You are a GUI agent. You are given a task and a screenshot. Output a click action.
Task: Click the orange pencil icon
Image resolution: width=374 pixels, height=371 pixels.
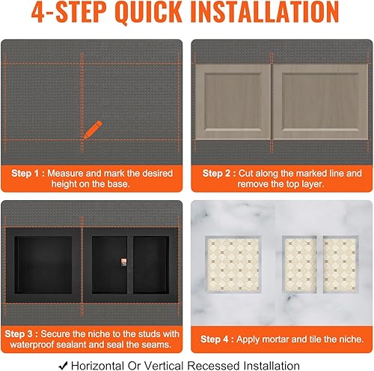pyautogui.click(x=93, y=130)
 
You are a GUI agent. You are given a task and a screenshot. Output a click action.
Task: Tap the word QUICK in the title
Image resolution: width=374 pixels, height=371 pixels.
pyautogui.click(x=149, y=12)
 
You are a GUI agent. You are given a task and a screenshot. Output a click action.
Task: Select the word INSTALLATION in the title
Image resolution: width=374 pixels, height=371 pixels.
pyautogui.click(x=265, y=12)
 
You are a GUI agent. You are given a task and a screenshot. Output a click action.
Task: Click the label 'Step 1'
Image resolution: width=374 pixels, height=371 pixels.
pyautogui.click(x=25, y=173)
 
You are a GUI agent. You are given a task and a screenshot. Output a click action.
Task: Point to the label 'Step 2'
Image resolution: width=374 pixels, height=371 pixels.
pyautogui.click(x=216, y=173)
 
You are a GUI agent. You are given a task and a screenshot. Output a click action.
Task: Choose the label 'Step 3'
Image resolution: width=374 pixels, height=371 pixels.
pyautogui.click(x=18, y=334)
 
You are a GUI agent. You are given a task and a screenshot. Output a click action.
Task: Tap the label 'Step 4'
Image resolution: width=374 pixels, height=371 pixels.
pyautogui.click(x=214, y=340)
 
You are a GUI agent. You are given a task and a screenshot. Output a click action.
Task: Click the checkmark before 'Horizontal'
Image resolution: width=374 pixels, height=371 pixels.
pyautogui.click(x=63, y=366)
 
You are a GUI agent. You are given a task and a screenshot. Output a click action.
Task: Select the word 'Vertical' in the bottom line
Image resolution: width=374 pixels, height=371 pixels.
pyautogui.click(x=164, y=366)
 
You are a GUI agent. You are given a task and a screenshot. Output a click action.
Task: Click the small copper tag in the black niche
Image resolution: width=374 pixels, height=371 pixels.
pyautogui.click(x=123, y=262)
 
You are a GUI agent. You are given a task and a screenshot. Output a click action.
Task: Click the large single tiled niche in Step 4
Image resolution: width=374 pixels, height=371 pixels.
pyautogui.click(x=233, y=264)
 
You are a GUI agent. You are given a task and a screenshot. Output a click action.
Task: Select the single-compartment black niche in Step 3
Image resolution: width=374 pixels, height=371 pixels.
pyautogui.click(x=43, y=265)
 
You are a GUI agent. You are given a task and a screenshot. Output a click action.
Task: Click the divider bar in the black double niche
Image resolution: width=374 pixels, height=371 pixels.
pyautogui.click(x=130, y=265)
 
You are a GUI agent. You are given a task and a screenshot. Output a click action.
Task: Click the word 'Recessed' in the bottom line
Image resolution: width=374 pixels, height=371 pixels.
pyautogui.click(x=213, y=366)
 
